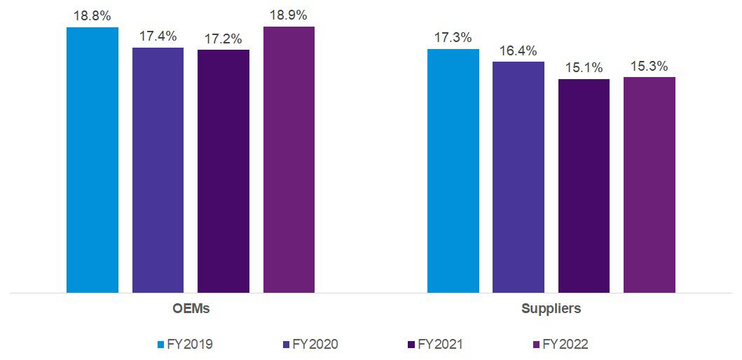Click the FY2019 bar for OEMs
[92, 160]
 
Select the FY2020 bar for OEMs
[158, 170]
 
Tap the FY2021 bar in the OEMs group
[224, 171]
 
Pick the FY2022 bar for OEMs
[289, 160]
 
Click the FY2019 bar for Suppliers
[453, 171]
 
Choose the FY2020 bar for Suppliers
[518, 177]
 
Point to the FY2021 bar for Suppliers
[584, 186]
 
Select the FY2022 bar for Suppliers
[650, 185]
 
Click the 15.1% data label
[584, 68]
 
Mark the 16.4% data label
[518, 51]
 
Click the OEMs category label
[191, 308]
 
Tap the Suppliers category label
[551, 308]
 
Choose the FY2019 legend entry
[185, 345]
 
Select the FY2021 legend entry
[435, 345]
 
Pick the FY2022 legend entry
[560, 345]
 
